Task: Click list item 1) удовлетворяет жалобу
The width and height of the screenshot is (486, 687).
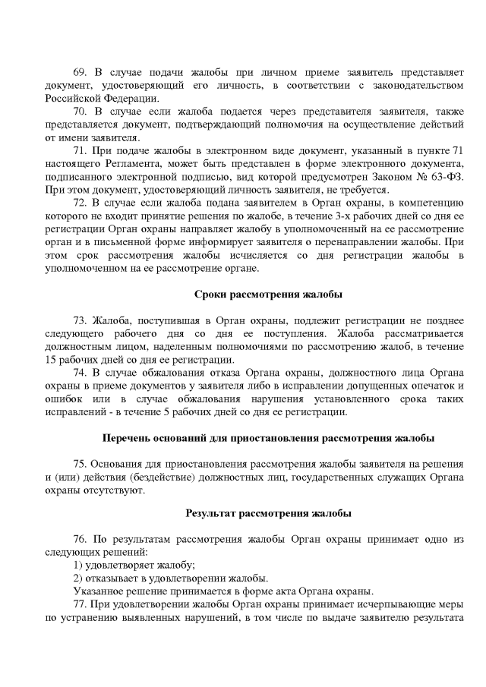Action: coord(134,565)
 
